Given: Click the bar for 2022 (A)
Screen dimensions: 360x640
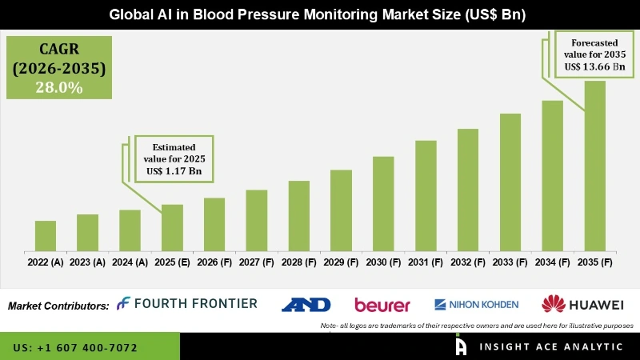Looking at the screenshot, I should [46, 235].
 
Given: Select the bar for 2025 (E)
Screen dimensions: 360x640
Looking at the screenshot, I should [172, 227].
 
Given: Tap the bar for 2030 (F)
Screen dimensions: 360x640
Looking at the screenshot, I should [383, 203].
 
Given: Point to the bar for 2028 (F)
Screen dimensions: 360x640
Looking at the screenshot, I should [298, 215].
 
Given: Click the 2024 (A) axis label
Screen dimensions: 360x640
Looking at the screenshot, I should [130, 262].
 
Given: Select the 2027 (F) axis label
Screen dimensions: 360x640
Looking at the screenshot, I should [256, 262].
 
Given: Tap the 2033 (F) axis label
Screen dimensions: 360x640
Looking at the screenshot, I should [510, 262].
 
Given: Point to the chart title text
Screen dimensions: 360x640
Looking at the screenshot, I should [320, 14].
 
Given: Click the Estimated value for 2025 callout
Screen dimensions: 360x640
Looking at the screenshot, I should [174, 158].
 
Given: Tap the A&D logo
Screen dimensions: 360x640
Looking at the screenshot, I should [304, 304].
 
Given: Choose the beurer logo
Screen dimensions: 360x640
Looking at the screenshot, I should [382, 305].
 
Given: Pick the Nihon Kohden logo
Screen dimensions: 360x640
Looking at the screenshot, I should [476, 304].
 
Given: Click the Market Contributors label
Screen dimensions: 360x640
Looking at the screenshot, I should [58, 306].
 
